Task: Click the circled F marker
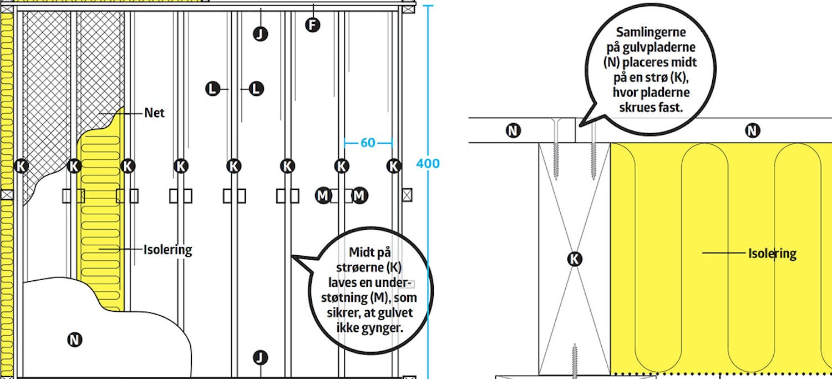point(312,26)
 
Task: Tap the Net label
point(154,113)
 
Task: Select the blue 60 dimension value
point(368,143)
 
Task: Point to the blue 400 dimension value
point(428,164)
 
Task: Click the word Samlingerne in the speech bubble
point(651,32)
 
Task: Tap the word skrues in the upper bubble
point(637,108)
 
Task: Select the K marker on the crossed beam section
point(574,259)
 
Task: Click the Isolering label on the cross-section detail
point(772,254)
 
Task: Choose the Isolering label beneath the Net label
point(168,250)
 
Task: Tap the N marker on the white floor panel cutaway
point(74,340)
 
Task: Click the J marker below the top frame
point(260,34)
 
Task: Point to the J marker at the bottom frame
point(260,357)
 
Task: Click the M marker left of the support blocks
point(323,195)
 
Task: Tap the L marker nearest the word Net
point(212,89)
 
